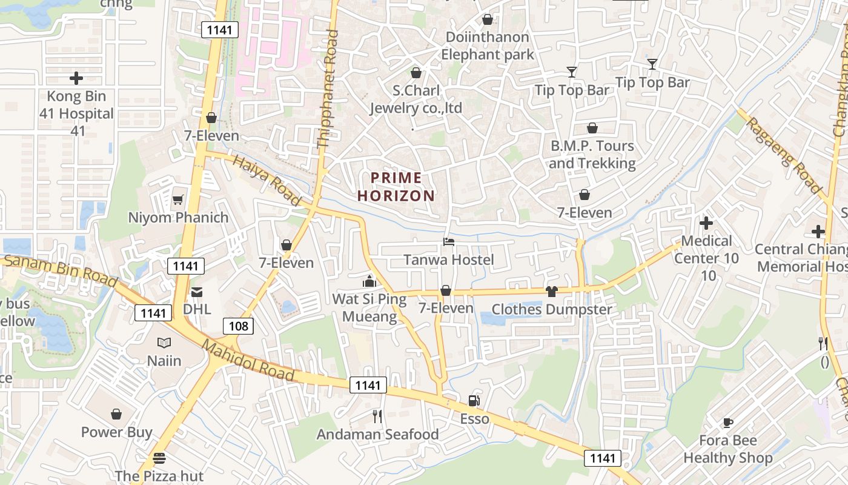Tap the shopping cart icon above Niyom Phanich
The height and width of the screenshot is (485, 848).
(177, 199)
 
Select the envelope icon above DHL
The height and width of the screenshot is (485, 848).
(197, 292)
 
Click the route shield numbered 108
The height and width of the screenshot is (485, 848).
(239, 326)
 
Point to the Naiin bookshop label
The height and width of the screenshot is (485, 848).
(164, 361)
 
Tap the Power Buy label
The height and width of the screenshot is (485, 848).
(117, 432)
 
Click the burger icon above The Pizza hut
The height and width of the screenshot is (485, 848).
(159, 458)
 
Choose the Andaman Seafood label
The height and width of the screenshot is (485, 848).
(377, 434)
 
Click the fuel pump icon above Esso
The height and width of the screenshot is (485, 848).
(474, 401)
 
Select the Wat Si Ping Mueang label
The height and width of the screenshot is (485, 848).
(369, 307)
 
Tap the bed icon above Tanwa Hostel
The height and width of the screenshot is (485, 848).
(449, 242)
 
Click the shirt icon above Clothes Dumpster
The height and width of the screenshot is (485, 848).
(551, 292)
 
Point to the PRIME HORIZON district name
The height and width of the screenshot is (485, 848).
(396, 187)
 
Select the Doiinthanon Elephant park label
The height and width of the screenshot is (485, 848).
(488, 45)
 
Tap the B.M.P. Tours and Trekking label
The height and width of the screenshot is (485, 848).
(592, 155)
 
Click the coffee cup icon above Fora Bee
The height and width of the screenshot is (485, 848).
(727, 423)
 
